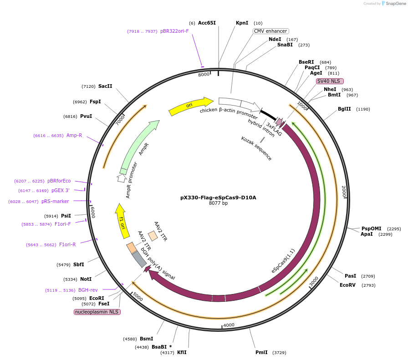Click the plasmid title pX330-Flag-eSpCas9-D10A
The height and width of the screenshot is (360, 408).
pos(218,198)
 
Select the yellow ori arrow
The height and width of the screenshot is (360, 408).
pos(190,106)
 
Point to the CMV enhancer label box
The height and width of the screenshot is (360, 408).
pos(271,31)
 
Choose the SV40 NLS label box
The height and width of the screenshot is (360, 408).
pos(330,81)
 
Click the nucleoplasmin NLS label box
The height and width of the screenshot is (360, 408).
pos(97,312)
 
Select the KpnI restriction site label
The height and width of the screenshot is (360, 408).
pos(242,23)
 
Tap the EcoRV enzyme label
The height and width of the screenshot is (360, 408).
pos(347,285)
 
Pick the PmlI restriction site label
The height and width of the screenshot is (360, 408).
pos(261,352)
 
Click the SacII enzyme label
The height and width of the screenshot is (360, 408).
pos(105,86)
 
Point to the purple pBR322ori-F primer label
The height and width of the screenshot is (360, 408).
pos(174,31)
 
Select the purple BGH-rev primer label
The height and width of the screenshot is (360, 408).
pos(88,290)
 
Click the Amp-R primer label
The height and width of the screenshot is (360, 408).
pos(74,135)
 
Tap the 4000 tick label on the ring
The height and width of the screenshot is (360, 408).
pos(229,325)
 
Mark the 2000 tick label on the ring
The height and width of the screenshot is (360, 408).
pos(344,191)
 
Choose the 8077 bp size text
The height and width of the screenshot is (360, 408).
pos(218,203)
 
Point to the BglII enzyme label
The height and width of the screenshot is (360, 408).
pos(344,109)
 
